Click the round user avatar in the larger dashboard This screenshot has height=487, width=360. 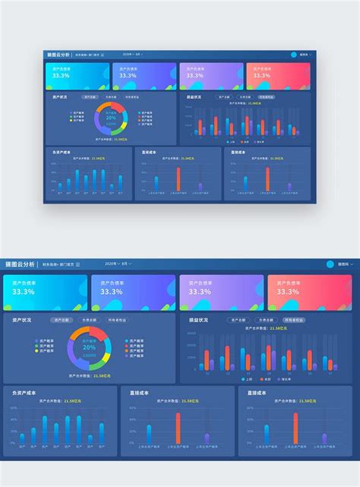[x=330, y=264]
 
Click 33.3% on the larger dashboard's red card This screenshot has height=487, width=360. [x=288, y=292]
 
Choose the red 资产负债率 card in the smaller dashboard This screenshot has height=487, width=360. [x=288, y=77]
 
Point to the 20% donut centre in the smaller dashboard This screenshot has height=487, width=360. [x=111, y=118]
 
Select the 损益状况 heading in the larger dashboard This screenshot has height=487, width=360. [x=200, y=321]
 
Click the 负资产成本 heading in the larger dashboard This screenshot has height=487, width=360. [x=25, y=393]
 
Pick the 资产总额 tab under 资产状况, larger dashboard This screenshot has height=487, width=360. [x=63, y=321]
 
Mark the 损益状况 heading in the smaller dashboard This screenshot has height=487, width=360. [x=194, y=97]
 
